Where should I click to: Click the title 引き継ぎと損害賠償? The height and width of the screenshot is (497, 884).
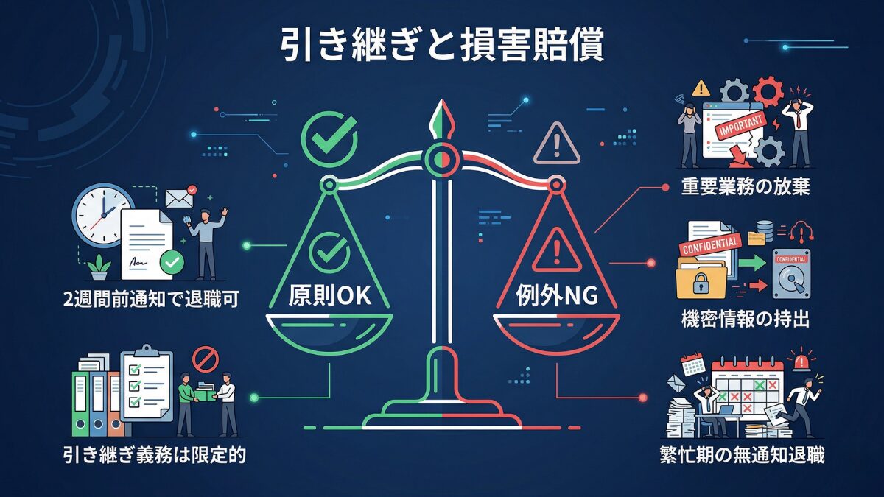(x=441, y=46)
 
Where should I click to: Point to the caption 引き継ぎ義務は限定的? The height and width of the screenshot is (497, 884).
(x=154, y=455)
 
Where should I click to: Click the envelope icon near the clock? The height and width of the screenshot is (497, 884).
(x=179, y=197)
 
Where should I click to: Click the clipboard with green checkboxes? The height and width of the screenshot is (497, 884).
(x=145, y=387)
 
